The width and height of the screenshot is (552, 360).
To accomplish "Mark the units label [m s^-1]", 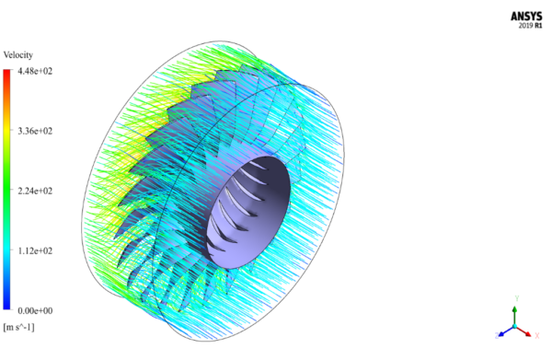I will [19, 327].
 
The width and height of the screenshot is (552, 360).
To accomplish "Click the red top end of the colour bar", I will [6, 75].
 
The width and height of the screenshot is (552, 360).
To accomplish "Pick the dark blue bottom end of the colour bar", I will [6, 306].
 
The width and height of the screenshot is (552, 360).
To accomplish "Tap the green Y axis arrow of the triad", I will [514, 314].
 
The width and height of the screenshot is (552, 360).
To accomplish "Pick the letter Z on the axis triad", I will [496, 336].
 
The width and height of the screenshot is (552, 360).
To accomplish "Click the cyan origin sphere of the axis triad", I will [514, 328].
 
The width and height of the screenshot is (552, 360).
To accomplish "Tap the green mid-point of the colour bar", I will [6, 191].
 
